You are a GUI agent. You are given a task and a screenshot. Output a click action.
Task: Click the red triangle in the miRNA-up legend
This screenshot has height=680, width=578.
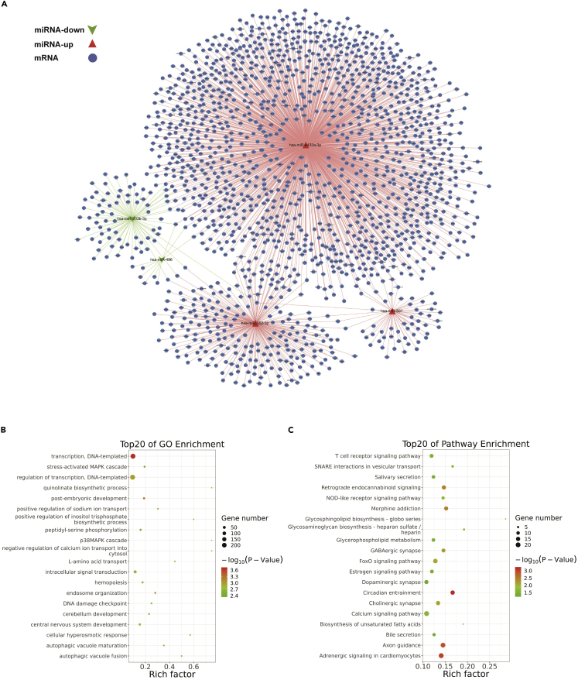pos(92,43)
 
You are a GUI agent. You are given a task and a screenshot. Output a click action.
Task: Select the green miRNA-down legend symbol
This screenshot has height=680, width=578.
pos(92,29)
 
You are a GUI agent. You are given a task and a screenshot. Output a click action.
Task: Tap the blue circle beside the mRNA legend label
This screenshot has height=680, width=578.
pos(92,57)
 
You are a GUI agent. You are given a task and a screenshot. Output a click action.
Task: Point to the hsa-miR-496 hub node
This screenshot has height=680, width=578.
pos(162,259)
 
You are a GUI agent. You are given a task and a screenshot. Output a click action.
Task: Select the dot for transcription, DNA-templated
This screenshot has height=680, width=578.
pos(133,456)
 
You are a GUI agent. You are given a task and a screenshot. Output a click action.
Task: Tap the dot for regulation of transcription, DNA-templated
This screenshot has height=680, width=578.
pos(133,477)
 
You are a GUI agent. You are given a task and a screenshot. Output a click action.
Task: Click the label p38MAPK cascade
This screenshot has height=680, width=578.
pos(108,540)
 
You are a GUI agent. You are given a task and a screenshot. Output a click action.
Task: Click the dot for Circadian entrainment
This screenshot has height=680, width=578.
pos(453,592)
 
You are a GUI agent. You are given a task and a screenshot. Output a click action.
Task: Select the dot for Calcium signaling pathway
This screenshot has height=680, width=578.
pos(426,613)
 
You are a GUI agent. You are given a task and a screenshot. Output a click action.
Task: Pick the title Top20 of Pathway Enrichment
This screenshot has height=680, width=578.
pos(463,444)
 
